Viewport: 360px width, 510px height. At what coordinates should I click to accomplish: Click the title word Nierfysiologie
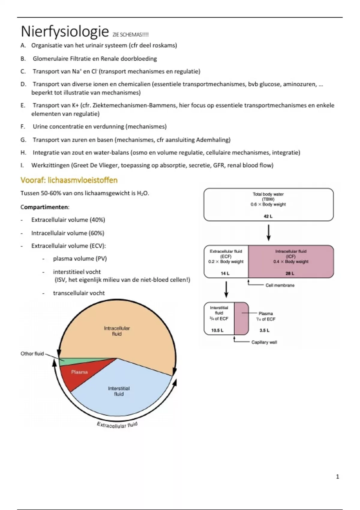(64, 31)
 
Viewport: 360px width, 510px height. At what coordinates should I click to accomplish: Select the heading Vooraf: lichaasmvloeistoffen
(69, 180)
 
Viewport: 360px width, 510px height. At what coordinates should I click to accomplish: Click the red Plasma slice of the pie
(79, 373)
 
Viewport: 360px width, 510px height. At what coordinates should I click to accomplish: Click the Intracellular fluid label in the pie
(117, 331)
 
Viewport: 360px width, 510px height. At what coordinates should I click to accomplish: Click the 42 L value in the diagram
(268, 216)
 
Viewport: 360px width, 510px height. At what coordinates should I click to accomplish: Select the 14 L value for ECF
(225, 273)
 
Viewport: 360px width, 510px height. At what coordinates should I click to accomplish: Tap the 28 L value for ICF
(290, 273)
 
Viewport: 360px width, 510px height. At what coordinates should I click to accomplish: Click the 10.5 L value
(217, 330)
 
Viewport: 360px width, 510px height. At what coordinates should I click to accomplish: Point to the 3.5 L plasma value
(264, 330)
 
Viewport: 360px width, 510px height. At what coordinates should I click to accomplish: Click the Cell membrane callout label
(280, 285)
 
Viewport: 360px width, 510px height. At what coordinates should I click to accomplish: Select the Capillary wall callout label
(264, 342)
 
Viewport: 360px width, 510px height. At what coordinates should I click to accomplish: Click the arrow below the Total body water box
(268, 233)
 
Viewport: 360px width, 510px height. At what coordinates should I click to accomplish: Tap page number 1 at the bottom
(337, 477)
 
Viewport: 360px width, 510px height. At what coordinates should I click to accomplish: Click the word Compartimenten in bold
(44, 207)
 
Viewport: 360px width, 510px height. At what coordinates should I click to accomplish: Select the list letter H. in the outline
(23, 153)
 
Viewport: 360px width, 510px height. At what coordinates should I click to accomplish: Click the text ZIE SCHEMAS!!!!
(130, 35)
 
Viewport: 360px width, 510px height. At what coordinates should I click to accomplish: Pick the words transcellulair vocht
(79, 293)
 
